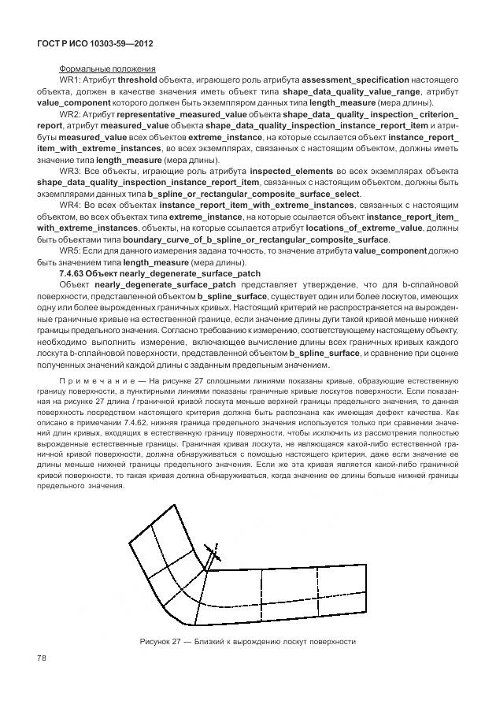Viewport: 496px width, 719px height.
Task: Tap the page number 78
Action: (x=43, y=658)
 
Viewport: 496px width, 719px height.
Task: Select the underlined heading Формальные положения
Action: (x=107, y=69)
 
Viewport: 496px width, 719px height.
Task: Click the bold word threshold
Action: (x=139, y=80)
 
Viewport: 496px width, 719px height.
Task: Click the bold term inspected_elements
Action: (x=291, y=171)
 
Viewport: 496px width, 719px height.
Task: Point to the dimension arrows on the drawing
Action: (x=209, y=552)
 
